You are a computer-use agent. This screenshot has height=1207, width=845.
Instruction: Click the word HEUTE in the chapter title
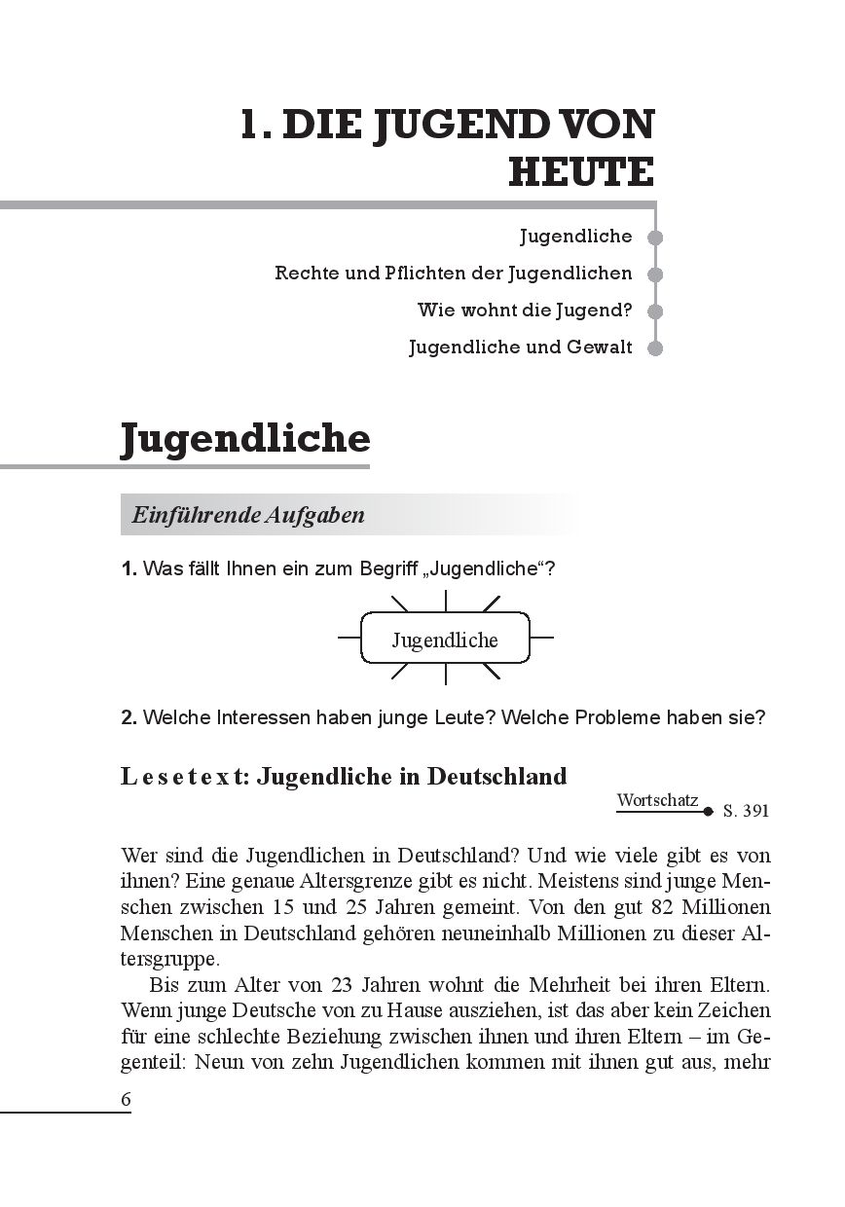point(581,171)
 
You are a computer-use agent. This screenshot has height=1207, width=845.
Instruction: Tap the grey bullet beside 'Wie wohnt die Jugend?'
point(655,311)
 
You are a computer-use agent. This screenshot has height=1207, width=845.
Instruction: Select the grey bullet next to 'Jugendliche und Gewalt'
point(655,347)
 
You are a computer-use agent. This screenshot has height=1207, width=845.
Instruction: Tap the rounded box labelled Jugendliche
point(445,640)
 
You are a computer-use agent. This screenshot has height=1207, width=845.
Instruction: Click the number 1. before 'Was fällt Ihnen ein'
point(129,568)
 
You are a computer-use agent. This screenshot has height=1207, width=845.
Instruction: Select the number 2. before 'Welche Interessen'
point(129,718)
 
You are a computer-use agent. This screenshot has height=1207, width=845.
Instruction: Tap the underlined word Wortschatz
point(658,800)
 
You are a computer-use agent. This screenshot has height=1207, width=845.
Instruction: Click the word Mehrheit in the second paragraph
point(593,983)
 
